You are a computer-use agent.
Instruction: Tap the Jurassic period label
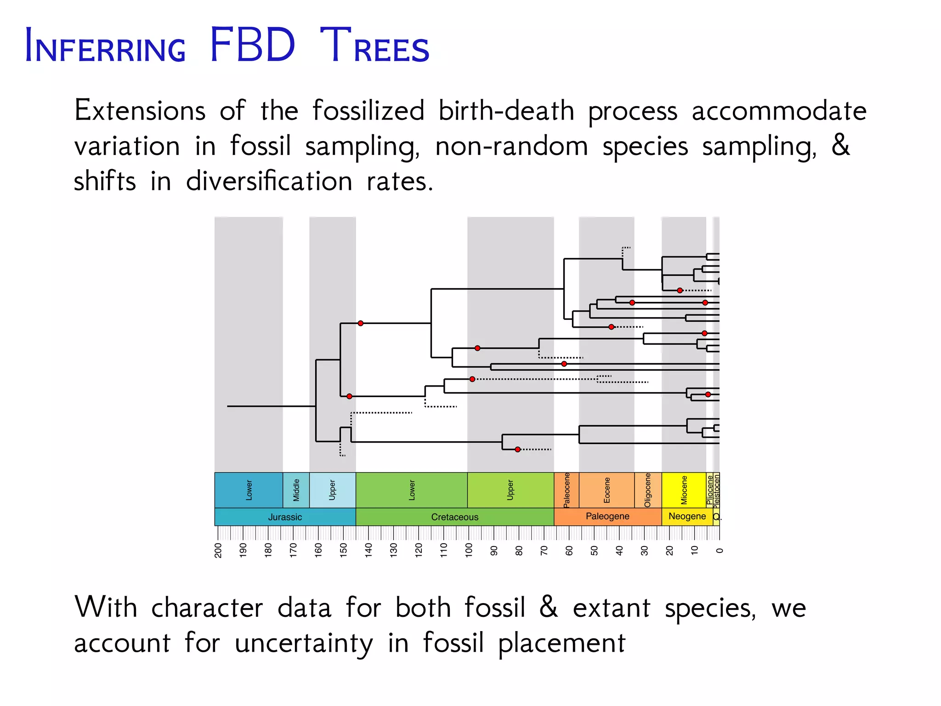click(285, 517)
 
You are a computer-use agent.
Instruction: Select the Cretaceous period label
click(454, 517)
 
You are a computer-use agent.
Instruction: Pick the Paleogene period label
click(607, 516)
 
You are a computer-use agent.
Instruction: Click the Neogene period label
click(687, 516)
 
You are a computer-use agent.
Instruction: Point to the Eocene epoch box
click(607, 490)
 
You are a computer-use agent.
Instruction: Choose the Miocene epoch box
click(684, 490)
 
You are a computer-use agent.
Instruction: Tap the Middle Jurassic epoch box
click(296, 490)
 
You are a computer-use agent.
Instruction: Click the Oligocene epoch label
click(648, 490)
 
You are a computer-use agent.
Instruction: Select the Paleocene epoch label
click(567, 490)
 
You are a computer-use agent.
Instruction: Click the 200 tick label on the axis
click(218, 550)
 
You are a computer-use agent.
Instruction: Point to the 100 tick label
click(469, 550)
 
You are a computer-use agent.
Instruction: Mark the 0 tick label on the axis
click(720, 550)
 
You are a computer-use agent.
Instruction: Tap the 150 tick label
click(343, 550)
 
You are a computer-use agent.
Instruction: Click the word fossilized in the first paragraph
click(368, 111)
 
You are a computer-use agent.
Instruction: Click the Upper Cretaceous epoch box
click(510, 490)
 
